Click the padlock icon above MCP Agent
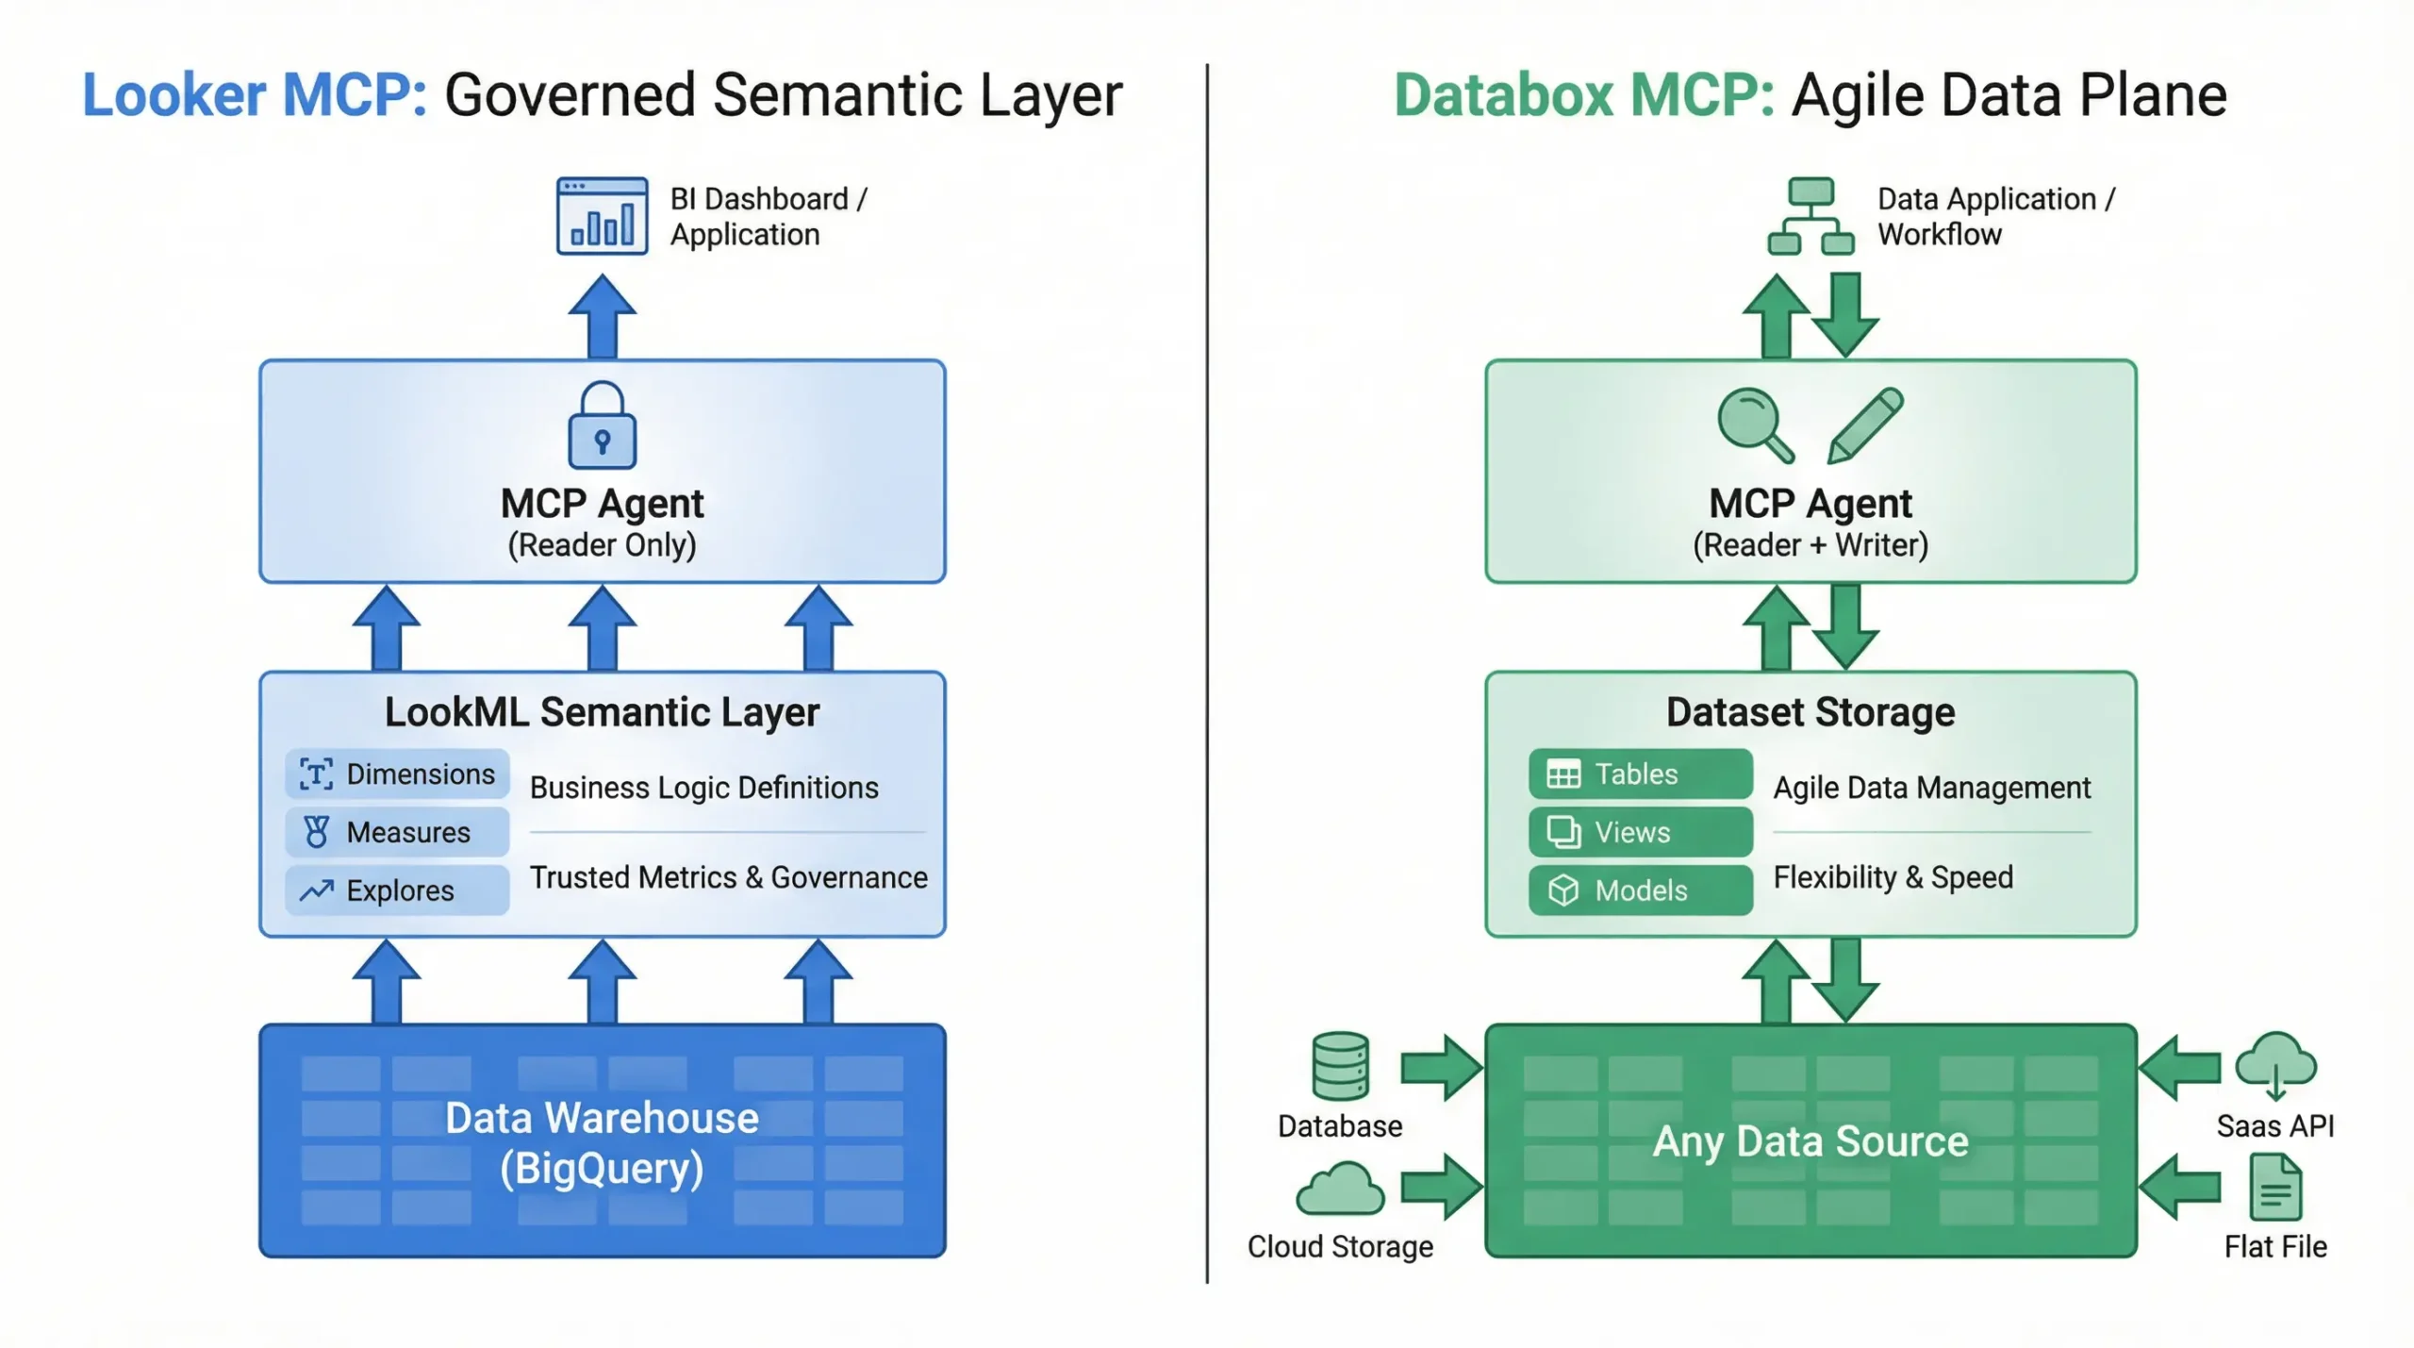(x=602, y=425)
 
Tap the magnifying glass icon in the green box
(x=1754, y=424)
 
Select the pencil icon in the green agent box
(x=1864, y=425)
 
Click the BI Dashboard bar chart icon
(x=602, y=216)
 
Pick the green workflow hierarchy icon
(x=1810, y=216)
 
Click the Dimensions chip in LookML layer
(x=397, y=774)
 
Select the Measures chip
(x=397, y=832)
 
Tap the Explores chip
(x=397, y=890)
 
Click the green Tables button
(x=1640, y=774)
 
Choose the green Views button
(x=1640, y=832)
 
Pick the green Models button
(x=1640, y=890)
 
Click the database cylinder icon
(x=1340, y=1066)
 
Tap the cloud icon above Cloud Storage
(x=1340, y=1190)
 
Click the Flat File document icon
(x=2274, y=1188)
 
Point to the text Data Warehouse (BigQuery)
(x=602, y=1142)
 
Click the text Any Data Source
(x=1810, y=1141)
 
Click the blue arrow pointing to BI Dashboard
(x=602, y=317)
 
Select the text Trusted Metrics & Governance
(x=728, y=877)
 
